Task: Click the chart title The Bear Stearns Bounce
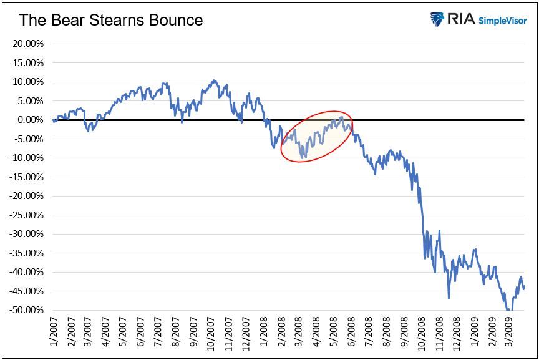click(110, 20)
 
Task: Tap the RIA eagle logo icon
click(437, 19)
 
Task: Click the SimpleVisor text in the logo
click(503, 21)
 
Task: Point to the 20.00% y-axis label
click(26, 44)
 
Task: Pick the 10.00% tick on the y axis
click(26, 82)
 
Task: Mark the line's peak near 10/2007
click(214, 80)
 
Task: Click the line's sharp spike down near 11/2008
click(449, 298)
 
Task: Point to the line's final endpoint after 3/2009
click(524, 286)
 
